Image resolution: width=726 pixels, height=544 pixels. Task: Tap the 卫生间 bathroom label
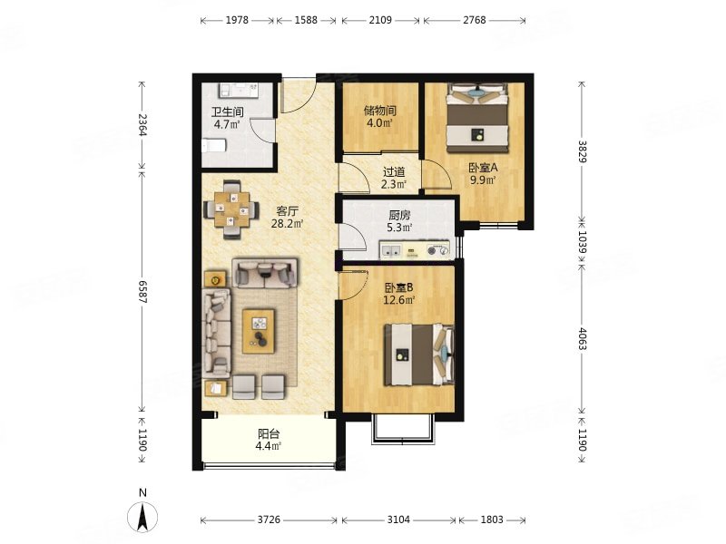pos(228,112)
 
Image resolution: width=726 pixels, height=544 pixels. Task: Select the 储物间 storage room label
pos(379,111)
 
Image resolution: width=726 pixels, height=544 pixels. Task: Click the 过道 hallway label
pos(394,172)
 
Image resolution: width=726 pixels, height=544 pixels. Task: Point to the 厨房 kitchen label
pos(399,215)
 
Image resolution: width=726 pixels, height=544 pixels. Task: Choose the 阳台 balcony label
pos(269,434)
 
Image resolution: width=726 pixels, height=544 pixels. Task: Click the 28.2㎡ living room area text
pos(287,224)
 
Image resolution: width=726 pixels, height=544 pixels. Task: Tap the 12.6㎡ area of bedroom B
pos(398,300)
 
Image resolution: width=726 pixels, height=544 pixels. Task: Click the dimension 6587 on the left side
pos(142,292)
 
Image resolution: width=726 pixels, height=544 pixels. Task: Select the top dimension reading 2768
pos(475,20)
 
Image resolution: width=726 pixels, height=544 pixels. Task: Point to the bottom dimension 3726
pos(269,520)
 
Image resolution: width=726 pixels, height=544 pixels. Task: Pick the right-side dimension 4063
pos(582,338)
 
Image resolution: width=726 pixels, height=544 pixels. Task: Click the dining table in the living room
pos(232,209)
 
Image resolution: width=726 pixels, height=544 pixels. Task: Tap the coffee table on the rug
pos(259,332)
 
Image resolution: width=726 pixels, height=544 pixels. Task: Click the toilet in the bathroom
pos(214,145)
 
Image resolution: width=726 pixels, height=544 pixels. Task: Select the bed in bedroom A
pos(477,118)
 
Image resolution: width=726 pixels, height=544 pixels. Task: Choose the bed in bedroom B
pos(419,355)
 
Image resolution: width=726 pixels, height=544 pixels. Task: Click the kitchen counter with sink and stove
pos(415,250)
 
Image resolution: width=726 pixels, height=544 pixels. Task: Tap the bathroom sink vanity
pos(239,90)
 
